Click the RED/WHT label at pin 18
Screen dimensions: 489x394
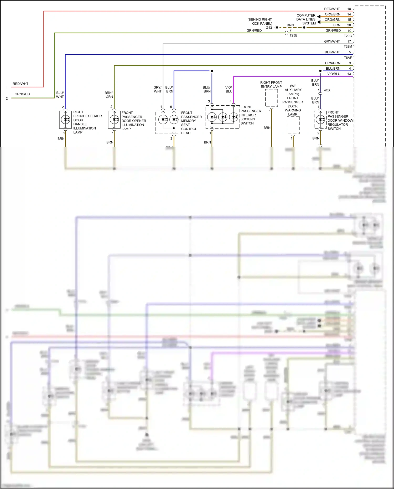tap(332, 9)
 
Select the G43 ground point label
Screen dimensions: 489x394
tap(269, 28)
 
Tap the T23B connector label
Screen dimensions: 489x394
tap(293, 35)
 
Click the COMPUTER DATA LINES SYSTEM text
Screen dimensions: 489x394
tap(306, 19)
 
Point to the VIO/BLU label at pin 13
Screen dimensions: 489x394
tap(334, 74)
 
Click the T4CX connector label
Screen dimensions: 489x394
tap(326, 90)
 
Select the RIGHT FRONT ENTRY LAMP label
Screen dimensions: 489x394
tap(271, 85)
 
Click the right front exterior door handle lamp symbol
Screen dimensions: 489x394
tap(65, 120)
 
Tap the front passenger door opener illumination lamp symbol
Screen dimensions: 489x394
tap(114, 120)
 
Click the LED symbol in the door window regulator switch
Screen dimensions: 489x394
tap(320, 120)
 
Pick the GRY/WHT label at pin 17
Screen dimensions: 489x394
tap(332, 41)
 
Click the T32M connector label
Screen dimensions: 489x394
tap(348, 47)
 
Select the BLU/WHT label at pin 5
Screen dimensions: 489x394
tap(332, 52)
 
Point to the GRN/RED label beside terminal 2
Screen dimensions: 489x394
tap(22, 94)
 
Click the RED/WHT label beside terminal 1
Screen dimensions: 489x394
tap(20, 84)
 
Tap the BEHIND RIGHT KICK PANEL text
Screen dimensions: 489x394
tap(260, 22)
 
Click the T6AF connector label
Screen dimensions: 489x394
tap(348, 58)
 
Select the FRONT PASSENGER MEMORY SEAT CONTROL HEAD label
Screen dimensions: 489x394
tap(191, 123)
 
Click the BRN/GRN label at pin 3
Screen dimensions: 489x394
tap(333, 63)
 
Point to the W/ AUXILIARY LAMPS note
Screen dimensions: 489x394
tap(293, 90)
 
